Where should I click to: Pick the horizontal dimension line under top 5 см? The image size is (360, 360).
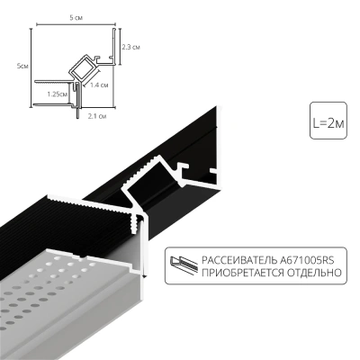point(74,24)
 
